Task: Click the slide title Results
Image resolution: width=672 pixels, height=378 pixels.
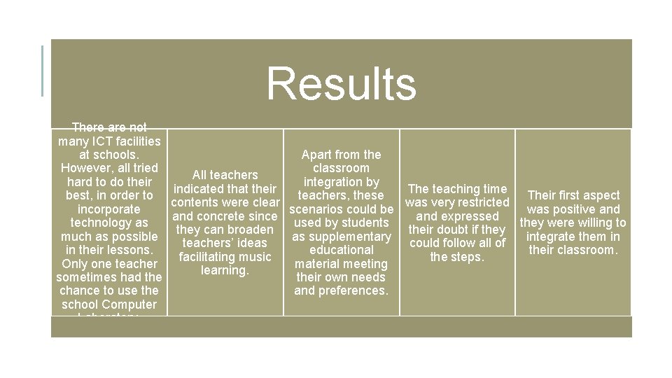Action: coord(341,83)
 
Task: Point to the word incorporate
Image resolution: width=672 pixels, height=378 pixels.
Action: coord(108,209)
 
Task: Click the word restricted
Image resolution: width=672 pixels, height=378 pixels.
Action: coord(482,202)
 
